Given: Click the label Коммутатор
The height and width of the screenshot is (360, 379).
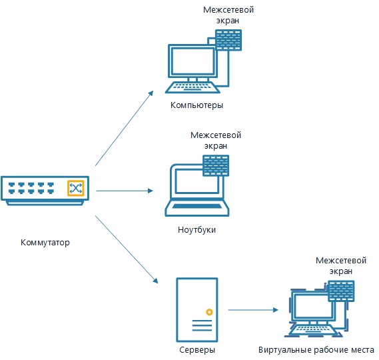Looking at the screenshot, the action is [x=45, y=242].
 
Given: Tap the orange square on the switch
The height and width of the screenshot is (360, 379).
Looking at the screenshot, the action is [x=76, y=188].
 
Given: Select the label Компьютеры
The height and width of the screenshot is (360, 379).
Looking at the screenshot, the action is [x=196, y=105].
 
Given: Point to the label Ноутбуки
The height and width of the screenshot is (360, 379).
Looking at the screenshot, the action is [x=196, y=229].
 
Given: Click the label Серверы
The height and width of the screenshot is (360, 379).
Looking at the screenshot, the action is [x=197, y=350].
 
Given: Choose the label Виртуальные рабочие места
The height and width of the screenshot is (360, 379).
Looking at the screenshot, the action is [x=316, y=350].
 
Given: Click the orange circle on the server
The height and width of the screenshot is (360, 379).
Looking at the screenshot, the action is [x=209, y=312].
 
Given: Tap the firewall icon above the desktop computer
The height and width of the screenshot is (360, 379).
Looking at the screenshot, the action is [x=228, y=40].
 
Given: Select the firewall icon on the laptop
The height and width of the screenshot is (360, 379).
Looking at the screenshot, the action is [x=216, y=165].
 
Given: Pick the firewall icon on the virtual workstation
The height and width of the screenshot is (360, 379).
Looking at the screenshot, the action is [x=341, y=291].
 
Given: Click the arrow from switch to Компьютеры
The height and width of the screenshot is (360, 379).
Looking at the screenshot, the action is [x=125, y=128].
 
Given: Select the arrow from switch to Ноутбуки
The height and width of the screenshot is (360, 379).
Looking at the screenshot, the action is [x=125, y=191].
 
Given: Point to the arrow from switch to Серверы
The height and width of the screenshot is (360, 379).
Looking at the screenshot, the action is [x=127, y=249].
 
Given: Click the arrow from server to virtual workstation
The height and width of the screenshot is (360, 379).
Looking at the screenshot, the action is [x=253, y=310].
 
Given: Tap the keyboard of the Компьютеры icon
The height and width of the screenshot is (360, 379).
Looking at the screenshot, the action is [x=192, y=87].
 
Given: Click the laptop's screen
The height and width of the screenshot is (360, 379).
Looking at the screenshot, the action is [x=197, y=181].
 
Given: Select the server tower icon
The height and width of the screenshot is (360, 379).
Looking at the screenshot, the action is [x=197, y=310].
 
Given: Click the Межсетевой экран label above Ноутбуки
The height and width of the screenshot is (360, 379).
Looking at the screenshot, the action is [x=216, y=141].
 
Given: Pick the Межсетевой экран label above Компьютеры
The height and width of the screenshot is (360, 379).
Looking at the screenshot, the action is [x=228, y=15].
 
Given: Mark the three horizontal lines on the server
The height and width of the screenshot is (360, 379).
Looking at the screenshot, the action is [x=202, y=325].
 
